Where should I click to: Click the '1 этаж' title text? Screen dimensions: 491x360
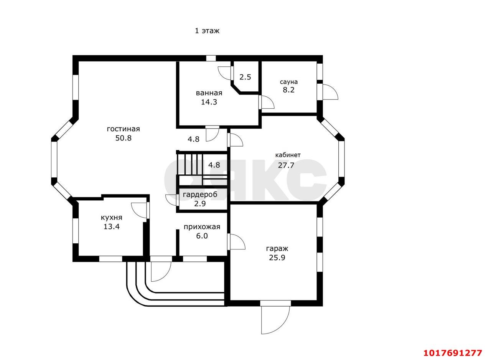click(207, 31)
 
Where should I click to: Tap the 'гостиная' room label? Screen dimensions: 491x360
click(123, 129)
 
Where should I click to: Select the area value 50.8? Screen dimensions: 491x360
click(123, 138)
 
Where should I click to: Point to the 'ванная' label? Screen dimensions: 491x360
click(209, 93)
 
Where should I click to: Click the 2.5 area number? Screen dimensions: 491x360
click(245, 77)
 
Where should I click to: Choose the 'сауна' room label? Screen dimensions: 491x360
click(289, 82)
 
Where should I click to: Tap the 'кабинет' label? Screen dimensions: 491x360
click(288, 155)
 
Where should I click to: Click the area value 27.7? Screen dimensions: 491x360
click(286, 165)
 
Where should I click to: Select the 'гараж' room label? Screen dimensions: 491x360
click(277, 249)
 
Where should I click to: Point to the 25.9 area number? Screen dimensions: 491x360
click(277, 258)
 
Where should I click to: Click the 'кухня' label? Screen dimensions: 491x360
click(111, 218)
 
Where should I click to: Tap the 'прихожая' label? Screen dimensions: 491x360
click(202, 227)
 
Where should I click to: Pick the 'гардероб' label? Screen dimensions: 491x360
click(200, 195)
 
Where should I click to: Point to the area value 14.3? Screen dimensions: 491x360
click(209, 102)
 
